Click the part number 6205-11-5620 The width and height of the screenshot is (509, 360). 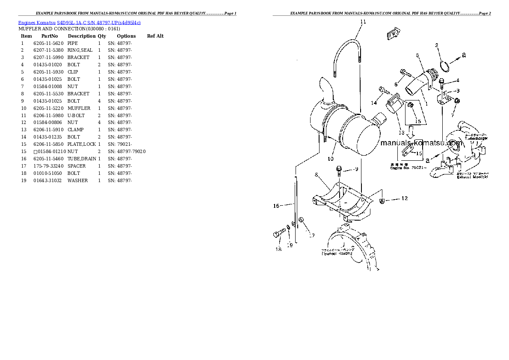click(x=48, y=43)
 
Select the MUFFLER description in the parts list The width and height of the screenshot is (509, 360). click(x=79, y=109)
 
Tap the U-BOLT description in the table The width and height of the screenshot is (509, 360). click(x=76, y=115)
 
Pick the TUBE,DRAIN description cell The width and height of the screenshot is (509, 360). click(x=82, y=159)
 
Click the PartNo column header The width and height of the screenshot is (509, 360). click(x=49, y=36)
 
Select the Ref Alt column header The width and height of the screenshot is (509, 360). click(x=155, y=36)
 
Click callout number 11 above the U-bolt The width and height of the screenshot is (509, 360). click(x=363, y=21)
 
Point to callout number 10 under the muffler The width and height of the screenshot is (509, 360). click(x=330, y=159)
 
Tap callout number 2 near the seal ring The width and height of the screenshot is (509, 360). click(x=437, y=45)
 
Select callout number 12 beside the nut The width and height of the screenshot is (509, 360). click(x=404, y=198)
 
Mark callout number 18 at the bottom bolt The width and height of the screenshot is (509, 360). click(x=278, y=249)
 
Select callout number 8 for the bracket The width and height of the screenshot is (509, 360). click(x=317, y=174)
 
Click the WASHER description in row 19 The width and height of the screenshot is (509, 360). click(x=77, y=180)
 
